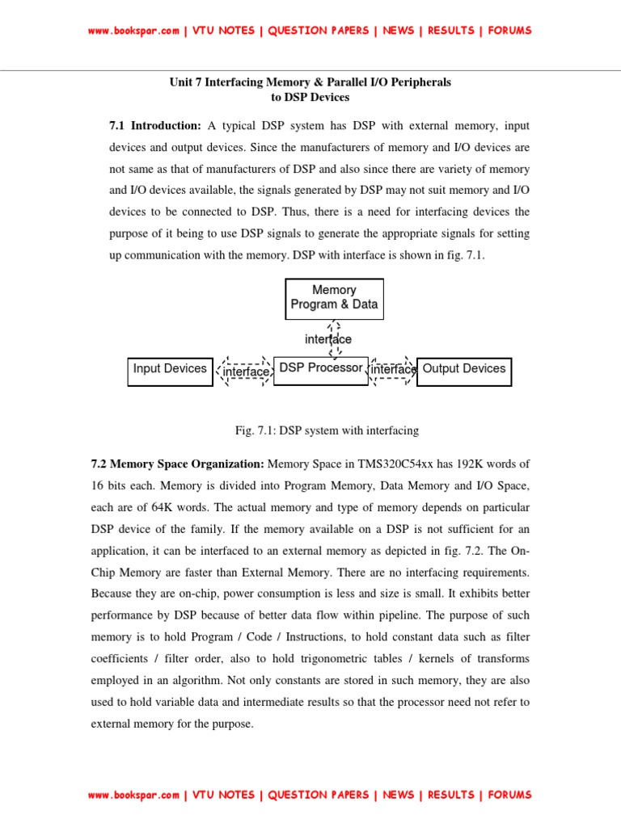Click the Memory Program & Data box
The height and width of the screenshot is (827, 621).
pos(334,298)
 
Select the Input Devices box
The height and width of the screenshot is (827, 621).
pos(171,370)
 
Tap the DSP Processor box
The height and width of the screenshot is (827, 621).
pos(321,369)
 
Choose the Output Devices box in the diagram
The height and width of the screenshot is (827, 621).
pos(463,370)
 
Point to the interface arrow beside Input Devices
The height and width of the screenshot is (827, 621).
pos(244,372)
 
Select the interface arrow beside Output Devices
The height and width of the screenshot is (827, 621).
pos(393,370)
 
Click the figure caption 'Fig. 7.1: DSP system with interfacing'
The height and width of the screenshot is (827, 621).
pos(327,431)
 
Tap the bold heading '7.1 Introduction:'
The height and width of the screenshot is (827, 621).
pos(154,127)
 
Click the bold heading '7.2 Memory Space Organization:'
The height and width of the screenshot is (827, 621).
pos(177,464)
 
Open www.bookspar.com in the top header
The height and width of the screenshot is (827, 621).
pos(133,31)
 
